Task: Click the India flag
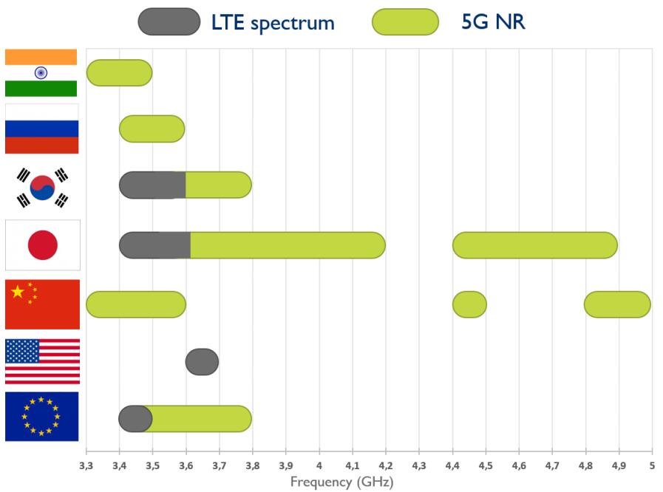pyautogui.click(x=41, y=72)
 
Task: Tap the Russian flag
pyautogui.click(x=41, y=129)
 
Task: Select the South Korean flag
pyautogui.click(x=42, y=188)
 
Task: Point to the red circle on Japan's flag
pyautogui.click(x=42, y=245)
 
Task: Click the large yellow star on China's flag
pyautogui.click(x=18, y=292)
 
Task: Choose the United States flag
pyautogui.click(x=42, y=361)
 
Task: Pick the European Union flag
pyautogui.click(x=41, y=417)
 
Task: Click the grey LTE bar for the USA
pyautogui.click(x=202, y=361)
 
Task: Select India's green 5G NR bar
pyautogui.click(x=119, y=72)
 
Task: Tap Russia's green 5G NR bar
pyautogui.click(x=152, y=129)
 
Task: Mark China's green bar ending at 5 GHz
pyautogui.click(x=617, y=304)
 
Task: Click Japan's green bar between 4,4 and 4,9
pyautogui.click(x=534, y=245)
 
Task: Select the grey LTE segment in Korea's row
pyautogui.click(x=152, y=185)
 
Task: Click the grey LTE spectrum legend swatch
pyautogui.click(x=169, y=22)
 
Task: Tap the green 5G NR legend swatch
pyautogui.click(x=405, y=22)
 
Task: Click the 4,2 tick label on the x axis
pyautogui.click(x=385, y=465)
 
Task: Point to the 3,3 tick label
pyautogui.click(x=86, y=465)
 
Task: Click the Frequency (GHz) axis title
pyautogui.click(x=341, y=482)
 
